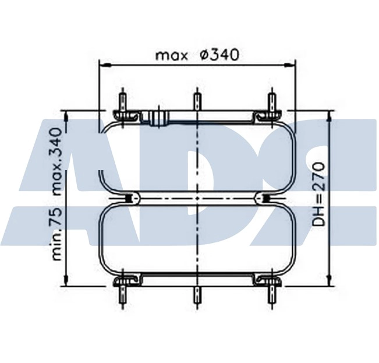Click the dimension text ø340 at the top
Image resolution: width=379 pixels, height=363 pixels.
[219, 55]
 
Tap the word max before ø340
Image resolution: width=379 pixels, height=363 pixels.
[171, 56]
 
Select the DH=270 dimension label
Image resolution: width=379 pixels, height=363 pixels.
[318, 194]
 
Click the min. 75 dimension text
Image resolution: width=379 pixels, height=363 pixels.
[56, 234]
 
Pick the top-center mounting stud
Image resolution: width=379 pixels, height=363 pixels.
[197, 101]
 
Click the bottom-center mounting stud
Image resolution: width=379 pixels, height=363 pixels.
[197, 295]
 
